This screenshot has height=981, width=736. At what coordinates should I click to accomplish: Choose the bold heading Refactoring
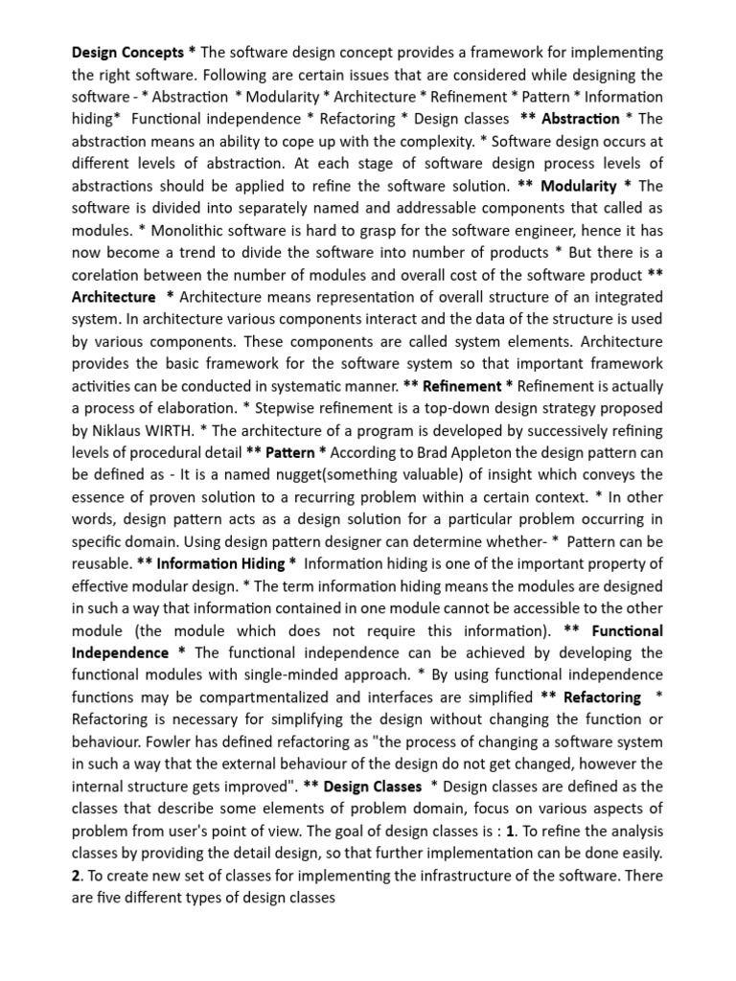602,697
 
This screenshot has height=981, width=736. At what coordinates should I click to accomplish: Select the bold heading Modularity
578,185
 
